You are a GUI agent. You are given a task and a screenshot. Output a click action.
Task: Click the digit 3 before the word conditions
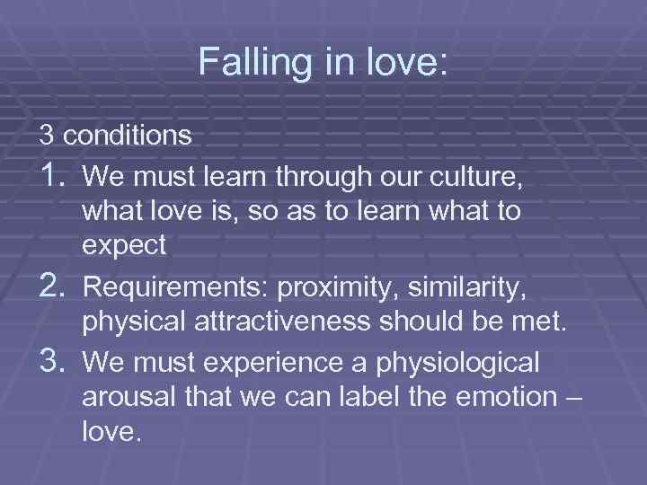(46, 136)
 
